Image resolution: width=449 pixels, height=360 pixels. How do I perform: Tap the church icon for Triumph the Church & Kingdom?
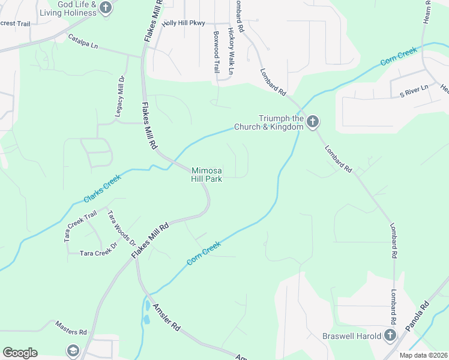(312, 122)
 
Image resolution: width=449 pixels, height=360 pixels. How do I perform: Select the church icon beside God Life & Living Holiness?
(106, 8)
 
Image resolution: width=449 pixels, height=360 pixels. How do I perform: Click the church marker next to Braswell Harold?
(390, 335)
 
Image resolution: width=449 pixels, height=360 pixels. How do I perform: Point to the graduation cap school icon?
(73, 350)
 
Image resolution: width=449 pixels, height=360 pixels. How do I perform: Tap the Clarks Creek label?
(102, 188)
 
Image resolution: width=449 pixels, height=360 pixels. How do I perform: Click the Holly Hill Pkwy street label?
(184, 23)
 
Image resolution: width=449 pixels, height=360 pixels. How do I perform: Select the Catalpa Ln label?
(83, 41)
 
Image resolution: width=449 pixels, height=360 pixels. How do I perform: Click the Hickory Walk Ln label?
(230, 52)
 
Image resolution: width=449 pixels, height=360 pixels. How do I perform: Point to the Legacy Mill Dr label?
(120, 96)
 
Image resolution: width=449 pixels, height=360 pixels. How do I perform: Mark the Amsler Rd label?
(166, 318)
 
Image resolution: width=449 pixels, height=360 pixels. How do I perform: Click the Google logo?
(20, 352)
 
